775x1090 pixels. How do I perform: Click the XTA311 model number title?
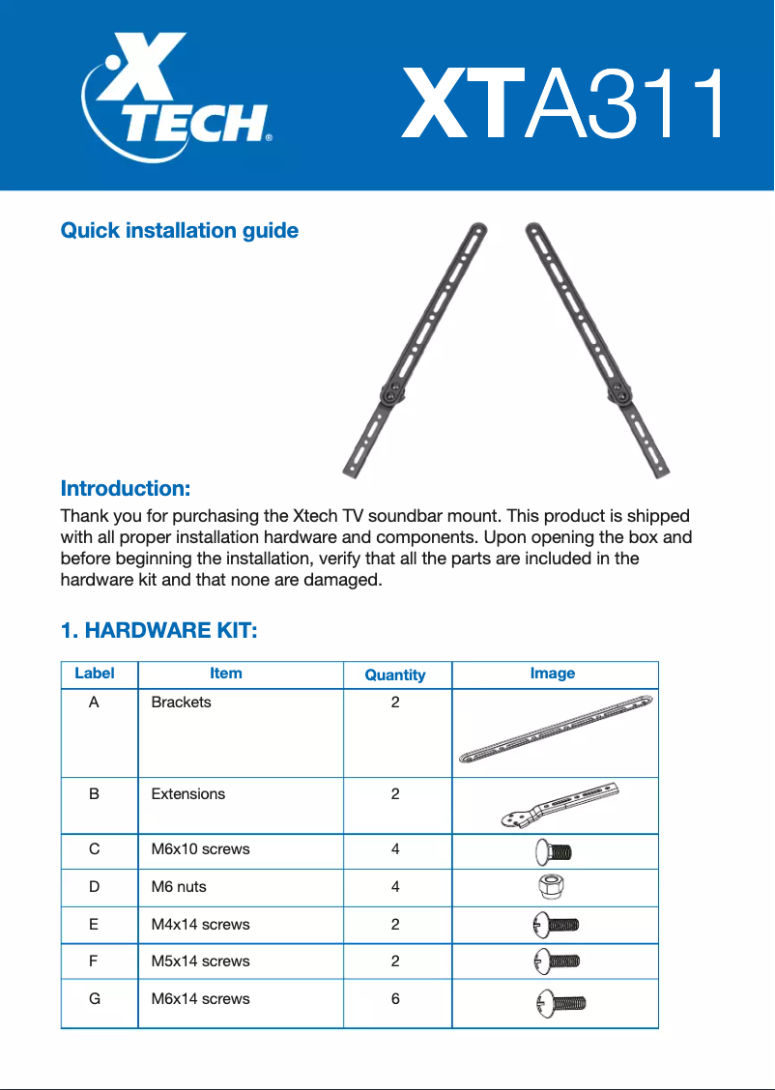click(563, 103)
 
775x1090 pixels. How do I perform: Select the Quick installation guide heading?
click(180, 231)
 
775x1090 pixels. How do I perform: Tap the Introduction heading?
click(126, 488)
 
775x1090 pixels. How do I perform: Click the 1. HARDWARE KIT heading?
click(158, 631)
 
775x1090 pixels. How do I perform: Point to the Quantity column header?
click(395, 675)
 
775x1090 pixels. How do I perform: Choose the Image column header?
click(553, 674)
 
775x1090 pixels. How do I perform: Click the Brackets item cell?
click(181, 703)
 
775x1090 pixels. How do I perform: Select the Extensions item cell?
click(188, 794)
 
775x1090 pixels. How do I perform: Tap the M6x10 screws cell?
click(200, 849)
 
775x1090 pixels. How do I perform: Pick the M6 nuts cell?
click(179, 887)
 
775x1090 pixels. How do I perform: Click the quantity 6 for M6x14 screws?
click(395, 999)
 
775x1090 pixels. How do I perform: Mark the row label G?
click(94, 999)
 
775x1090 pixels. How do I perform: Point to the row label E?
click(94, 925)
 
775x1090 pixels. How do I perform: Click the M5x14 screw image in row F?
click(556, 961)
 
